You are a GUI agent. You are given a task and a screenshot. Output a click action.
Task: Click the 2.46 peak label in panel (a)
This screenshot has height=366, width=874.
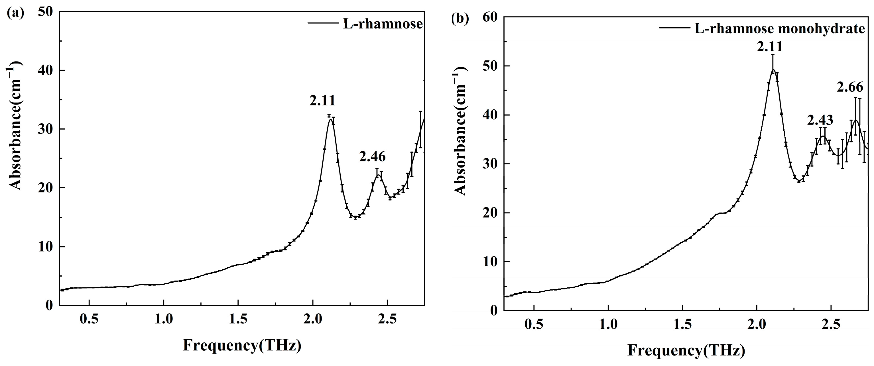372,157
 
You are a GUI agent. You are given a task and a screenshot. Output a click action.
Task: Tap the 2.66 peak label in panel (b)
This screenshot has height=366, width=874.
849,87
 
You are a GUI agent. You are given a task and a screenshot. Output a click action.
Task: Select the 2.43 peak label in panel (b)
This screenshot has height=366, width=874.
820,120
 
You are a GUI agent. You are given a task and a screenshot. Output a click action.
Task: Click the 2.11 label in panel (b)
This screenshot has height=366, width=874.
769,46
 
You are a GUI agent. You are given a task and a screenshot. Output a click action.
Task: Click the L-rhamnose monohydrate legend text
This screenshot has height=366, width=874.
779,28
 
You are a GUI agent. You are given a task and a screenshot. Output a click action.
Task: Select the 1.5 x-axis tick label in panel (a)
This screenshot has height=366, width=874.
238,319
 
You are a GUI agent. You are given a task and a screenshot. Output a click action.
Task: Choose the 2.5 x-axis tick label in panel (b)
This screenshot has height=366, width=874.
831,324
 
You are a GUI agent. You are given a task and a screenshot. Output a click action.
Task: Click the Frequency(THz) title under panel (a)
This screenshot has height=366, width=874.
242,345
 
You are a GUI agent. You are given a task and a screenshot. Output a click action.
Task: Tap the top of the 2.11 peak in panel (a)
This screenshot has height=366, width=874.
330,119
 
